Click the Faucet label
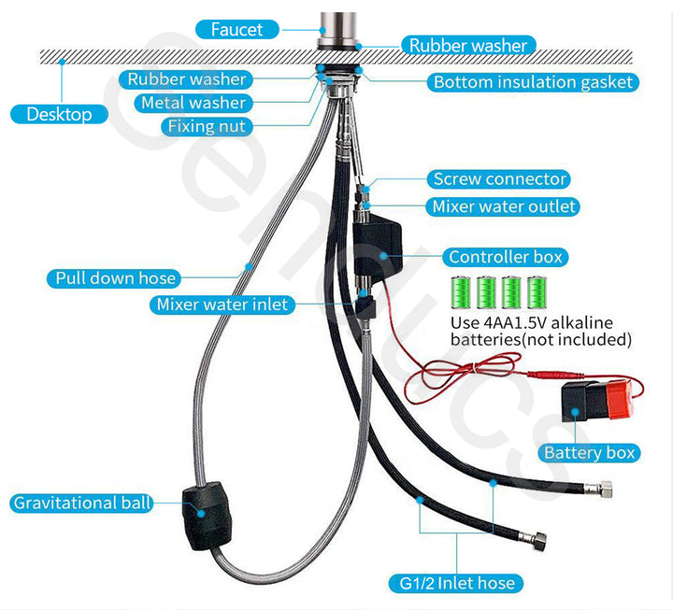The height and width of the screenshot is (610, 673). click(236, 29)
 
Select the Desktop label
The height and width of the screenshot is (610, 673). click(59, 114)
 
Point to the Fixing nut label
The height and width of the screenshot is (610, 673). click(206, 125)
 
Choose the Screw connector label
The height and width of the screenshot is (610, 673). click(499, 178)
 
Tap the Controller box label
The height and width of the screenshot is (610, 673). click(508, 257)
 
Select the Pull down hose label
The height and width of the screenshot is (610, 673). click(116, 277)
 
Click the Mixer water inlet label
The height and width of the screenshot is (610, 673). click(222, 305)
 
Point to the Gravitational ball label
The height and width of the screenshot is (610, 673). click(82, 503)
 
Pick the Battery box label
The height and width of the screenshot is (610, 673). click(589, 452)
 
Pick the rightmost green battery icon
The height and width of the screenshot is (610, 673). click(537, 292)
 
